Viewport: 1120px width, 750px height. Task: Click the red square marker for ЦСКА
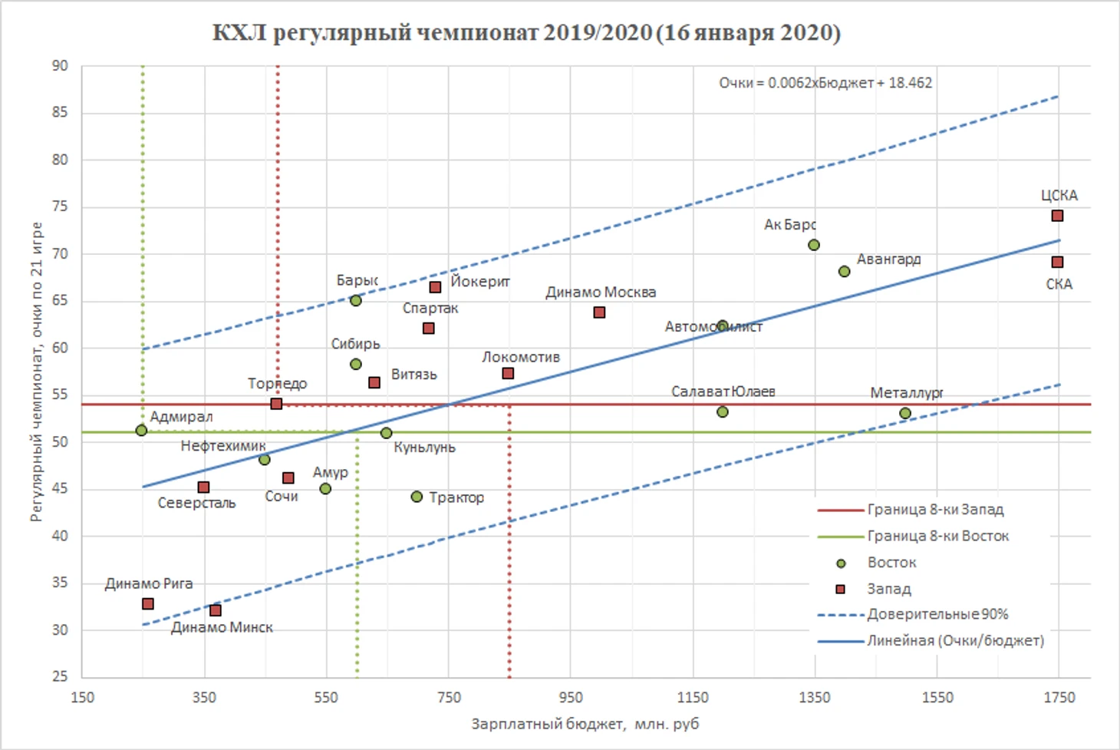pos(1057,216)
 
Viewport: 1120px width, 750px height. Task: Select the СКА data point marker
pos(1057,263)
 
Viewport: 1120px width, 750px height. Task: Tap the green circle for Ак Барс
pos(814,245)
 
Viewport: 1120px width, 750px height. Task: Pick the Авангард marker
pos(844,271)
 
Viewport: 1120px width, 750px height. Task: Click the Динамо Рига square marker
pos(148,604)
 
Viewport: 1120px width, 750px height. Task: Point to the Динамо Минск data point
pos(216,610)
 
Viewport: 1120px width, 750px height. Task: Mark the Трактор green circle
pos(417,497)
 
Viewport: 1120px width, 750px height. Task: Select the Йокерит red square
pos(435,287)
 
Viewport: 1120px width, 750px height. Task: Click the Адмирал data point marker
pos(141,431)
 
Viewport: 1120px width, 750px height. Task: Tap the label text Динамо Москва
pos(601,292)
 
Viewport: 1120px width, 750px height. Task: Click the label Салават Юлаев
pos(723,392)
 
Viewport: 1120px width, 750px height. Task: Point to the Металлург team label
pos(906,393)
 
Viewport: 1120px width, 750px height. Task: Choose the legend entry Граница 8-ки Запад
pos(935,510)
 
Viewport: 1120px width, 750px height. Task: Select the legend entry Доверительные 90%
pos(937,614)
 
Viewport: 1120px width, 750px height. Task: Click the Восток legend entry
pos(891,563)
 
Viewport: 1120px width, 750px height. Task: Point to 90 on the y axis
pos(60,66)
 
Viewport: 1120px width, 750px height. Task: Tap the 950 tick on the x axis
pos(571,697)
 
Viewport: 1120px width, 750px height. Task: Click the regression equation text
pos(825,83)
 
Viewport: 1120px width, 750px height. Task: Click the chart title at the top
pos(526,33)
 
